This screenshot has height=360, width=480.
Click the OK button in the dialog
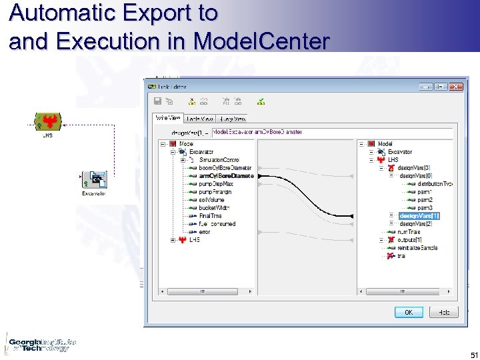coord(408,312)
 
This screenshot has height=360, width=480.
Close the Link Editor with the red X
coord(456,87)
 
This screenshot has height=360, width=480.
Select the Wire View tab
coord(167,118)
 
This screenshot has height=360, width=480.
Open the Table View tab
coord(199,118)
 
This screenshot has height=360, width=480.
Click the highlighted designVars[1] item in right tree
coord(419,216)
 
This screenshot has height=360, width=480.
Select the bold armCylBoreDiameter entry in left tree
coord(226,176)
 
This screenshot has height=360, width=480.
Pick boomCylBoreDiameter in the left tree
coord(225,168)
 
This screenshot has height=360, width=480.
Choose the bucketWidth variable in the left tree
coord(213,208)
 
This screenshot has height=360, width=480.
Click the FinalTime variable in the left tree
coord(210,216)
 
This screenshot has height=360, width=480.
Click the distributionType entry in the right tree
coord(435,184)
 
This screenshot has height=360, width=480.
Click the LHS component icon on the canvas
coord(48,121)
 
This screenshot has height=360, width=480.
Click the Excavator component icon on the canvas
coord(93,179)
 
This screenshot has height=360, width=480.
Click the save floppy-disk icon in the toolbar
coord(157,101)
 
